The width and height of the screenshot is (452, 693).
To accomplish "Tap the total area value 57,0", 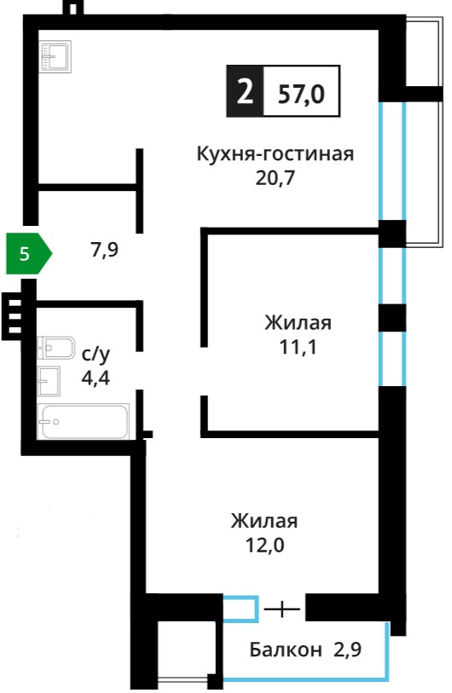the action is tap(301, 94).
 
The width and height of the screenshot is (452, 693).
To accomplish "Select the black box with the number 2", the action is tap(245, 91).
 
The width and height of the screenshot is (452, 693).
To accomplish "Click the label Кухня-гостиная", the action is tap(275, 154).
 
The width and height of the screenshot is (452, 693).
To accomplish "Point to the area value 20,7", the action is tap(275, 178).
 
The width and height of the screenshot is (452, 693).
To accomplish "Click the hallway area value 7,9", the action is tap(105, 250).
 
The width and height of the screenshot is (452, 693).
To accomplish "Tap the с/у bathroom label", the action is tap(96, 355).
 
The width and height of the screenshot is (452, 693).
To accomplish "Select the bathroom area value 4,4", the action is tap(96, 378).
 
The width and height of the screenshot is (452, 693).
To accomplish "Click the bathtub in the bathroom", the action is tap(84, 421).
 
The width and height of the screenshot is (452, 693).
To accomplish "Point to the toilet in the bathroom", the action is tap(56, 348).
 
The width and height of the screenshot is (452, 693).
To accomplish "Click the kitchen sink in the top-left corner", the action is tap(55, 56).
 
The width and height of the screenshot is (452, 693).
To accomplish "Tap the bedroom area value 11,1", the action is tap(298, 348).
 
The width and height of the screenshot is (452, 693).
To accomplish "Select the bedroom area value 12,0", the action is tap(265, 546).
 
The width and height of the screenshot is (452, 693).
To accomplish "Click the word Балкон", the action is tap(286, 650).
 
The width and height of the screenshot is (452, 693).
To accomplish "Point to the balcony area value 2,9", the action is tap(348, 650).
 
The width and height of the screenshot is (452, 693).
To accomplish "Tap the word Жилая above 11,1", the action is tap(298, 323).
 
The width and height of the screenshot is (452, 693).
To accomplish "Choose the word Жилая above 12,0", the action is tap(264, 521).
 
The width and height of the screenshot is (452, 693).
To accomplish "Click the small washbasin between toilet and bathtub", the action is tap(49, 381).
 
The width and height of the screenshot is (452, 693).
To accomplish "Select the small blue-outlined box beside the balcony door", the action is tap(240, 609).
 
